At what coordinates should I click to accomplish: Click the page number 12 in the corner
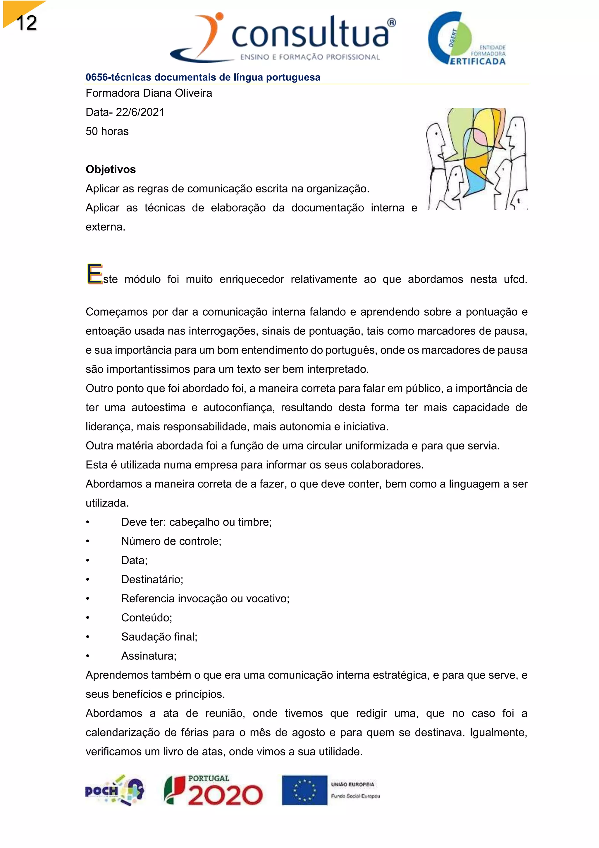tap(27, 23)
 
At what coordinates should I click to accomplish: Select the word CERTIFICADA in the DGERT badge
tap(477, 61)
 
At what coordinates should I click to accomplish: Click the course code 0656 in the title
tap(97, 77)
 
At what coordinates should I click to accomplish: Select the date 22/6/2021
tap(140, 112)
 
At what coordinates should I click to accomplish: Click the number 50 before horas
tap(92, 131)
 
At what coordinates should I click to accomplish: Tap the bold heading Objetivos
tap(111, 170)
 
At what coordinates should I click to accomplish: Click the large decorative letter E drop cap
tap(94, 274)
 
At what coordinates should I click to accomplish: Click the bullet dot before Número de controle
tap(88, 541)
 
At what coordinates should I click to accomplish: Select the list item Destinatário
tap(152, 579)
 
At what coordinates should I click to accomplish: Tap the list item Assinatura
tap(149, 656)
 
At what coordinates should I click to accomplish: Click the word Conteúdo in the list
tap(147, 618)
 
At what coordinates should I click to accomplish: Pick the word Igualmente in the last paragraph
tap(498, 732)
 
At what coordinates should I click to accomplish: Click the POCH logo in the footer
tap(114, 790)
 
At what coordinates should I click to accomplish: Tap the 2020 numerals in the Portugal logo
tap(225, 795)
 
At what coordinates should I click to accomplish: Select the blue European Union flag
tap(305, 790)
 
